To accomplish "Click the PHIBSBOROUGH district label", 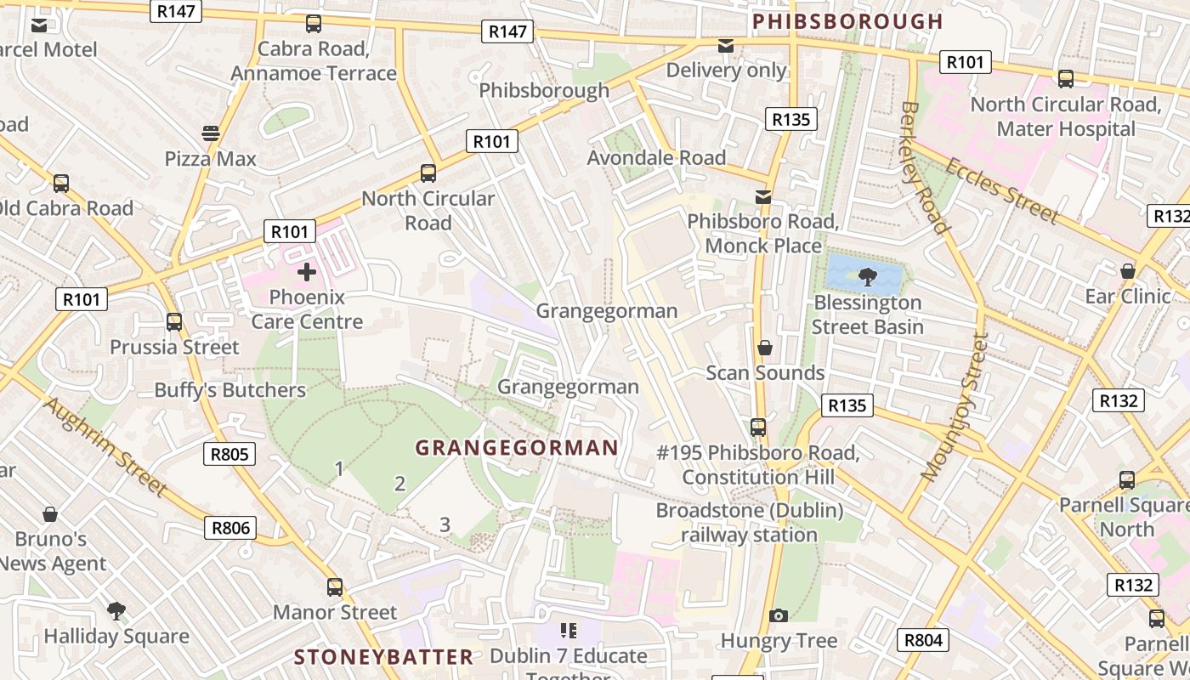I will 847,21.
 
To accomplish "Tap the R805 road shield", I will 229,454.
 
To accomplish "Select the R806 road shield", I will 230,528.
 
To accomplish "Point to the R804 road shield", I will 923,640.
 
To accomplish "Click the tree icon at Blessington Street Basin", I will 867,275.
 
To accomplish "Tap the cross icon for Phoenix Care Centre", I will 307,272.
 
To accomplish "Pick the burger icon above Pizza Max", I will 211,133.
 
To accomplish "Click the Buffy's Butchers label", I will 229,390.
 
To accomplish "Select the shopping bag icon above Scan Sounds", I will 765,348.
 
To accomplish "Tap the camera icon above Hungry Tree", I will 778,615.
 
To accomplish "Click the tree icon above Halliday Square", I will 116,610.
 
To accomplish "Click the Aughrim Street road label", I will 104,446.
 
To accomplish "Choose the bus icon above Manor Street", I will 335,586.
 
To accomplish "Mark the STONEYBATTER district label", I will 383,657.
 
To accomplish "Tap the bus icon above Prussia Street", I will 174,321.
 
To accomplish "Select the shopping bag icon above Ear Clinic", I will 1127,271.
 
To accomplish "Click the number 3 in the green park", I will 445,524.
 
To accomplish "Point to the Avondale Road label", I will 656,157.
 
